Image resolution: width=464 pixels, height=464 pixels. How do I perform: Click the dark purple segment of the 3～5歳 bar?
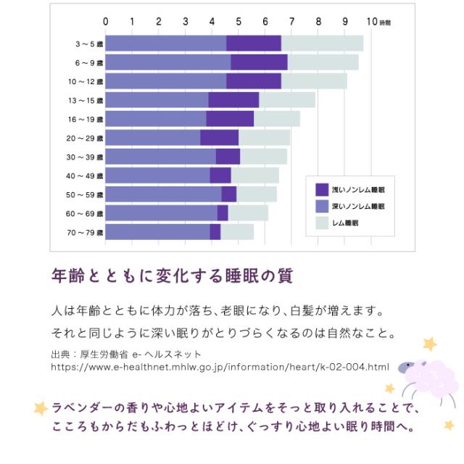coord(254,43)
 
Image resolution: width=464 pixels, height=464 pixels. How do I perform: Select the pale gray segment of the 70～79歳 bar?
coord(237,232)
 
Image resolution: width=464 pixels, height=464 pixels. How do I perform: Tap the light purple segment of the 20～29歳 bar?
coord(153,138)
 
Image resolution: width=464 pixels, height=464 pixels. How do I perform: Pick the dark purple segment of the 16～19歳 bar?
coord(230,119)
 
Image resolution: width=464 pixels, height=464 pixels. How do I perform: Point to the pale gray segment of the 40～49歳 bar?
coord(254,175)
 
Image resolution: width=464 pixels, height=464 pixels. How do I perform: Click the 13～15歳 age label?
coord(86,100)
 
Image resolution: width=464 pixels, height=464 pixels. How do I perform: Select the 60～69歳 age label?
coord(86,214)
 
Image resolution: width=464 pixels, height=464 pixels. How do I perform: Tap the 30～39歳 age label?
coord(86,157)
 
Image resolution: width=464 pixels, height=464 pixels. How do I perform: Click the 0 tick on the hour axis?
coord(106,21)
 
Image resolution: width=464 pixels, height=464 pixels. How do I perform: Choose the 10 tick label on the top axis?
coord(371,21)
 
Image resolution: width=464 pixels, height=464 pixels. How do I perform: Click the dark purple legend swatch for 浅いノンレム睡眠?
coord(323,189)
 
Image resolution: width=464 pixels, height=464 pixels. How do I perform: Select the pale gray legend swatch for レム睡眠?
coord(323,224)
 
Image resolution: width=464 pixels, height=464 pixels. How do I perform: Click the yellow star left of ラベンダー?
coord(41,407)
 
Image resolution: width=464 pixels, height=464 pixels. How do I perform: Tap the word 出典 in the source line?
coord(61,354)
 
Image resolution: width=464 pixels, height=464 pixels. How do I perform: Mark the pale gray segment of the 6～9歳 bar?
coord(323,62)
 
